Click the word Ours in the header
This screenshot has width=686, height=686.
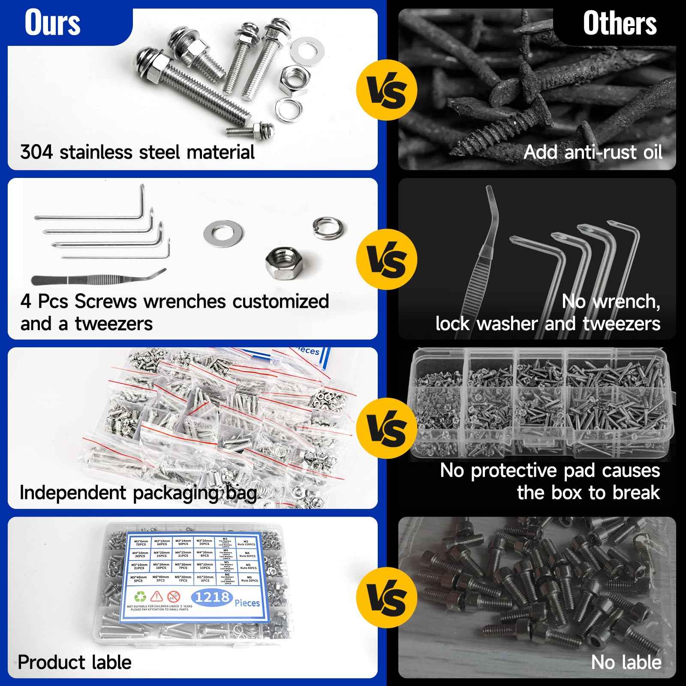pos(52,23)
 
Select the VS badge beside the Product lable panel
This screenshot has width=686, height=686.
pos(387,597)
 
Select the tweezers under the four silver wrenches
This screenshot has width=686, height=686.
pos(99,279)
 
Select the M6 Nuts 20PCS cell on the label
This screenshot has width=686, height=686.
pos(247,579)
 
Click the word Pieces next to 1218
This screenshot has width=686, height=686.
pos(247,603)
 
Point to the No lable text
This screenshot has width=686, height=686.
pos(626,662)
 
